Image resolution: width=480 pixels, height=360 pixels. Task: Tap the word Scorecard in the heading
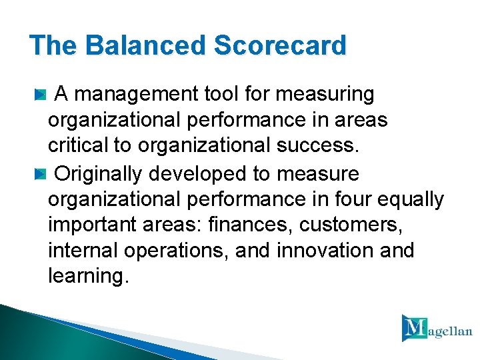281,46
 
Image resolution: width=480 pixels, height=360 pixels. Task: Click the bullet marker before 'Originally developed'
41,175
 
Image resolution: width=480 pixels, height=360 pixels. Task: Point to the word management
138,95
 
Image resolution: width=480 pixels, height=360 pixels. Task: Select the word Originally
99,174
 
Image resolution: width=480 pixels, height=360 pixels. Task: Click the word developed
198,175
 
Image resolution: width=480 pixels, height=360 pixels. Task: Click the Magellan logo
436,327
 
